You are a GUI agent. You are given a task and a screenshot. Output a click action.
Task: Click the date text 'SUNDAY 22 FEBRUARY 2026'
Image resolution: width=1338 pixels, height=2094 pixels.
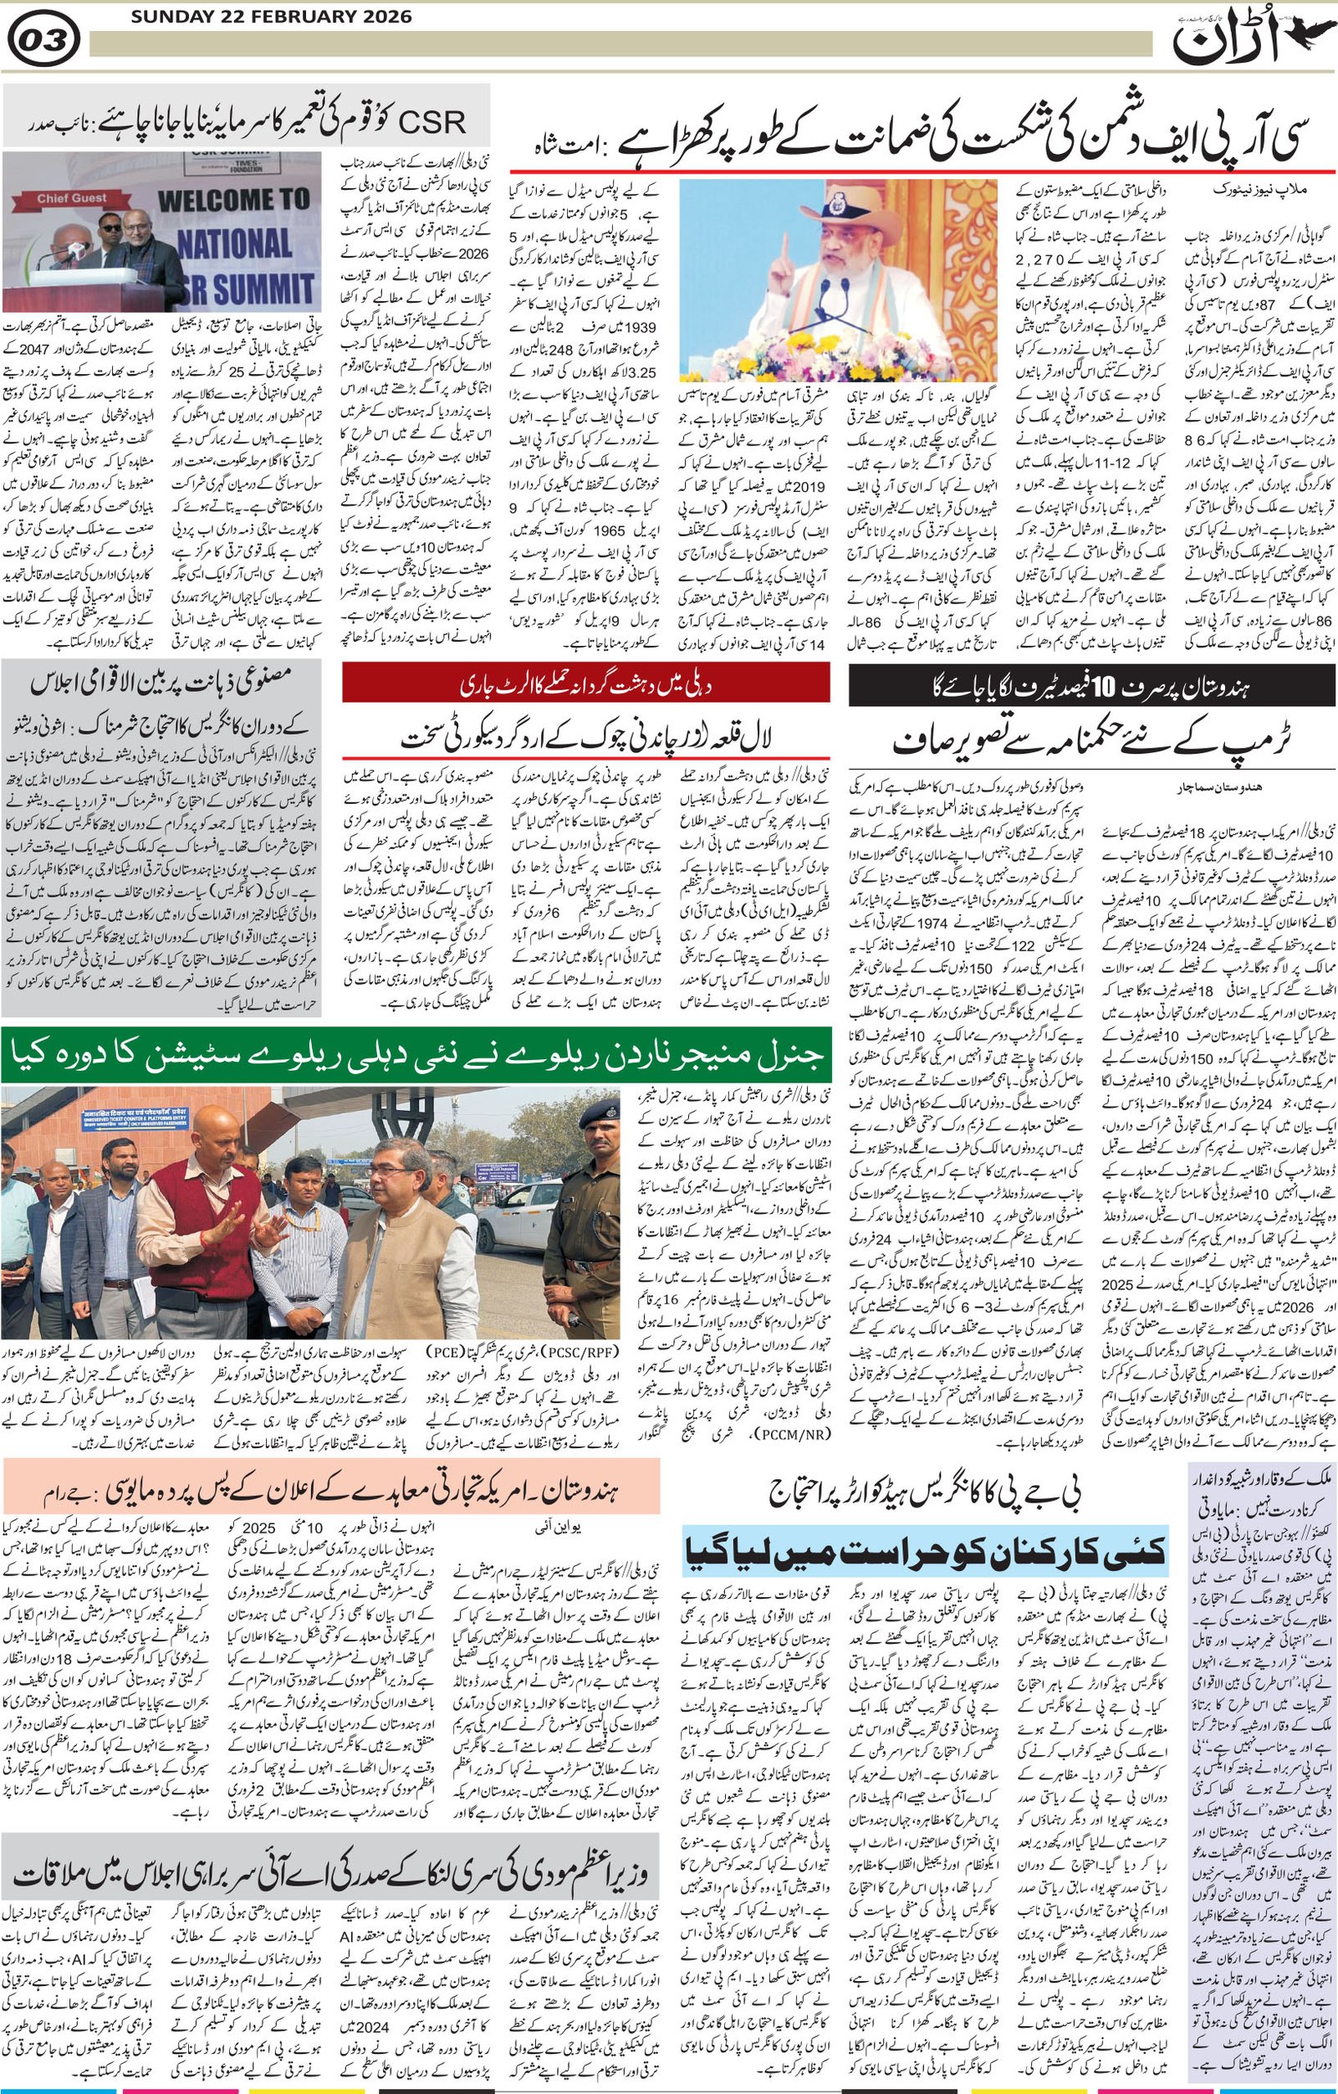coord(260,18)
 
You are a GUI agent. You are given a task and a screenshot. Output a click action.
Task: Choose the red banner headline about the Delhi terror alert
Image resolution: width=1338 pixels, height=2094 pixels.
coord(585,684)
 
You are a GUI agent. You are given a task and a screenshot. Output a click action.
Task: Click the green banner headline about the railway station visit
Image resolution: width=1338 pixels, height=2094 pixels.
coord(416,1058)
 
